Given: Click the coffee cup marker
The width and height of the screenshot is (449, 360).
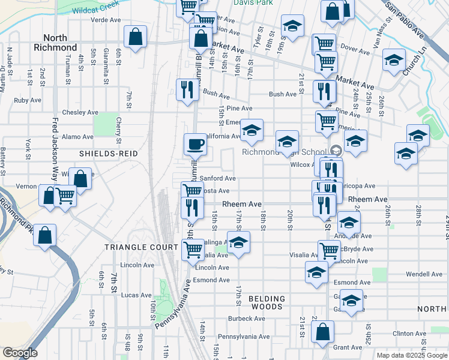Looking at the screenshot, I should (x=195, y=144).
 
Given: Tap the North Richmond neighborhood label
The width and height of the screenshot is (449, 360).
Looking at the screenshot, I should (x=55, y=42).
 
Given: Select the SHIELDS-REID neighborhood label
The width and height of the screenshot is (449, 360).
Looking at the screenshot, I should (x=109, y=154).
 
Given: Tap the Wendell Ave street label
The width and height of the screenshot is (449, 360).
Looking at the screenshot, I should (x=424, y=274).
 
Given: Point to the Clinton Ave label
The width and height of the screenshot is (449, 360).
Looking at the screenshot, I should (x=409, y=334).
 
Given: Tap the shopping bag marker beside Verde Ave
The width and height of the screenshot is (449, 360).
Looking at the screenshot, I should (x=136, y=36).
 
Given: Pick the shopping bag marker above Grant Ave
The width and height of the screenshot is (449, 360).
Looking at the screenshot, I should (x=323, y=332).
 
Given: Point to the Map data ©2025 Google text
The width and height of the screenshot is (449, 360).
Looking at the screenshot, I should (x=412, y=355).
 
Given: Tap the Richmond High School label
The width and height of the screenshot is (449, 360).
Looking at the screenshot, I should (x=285, y=152).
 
